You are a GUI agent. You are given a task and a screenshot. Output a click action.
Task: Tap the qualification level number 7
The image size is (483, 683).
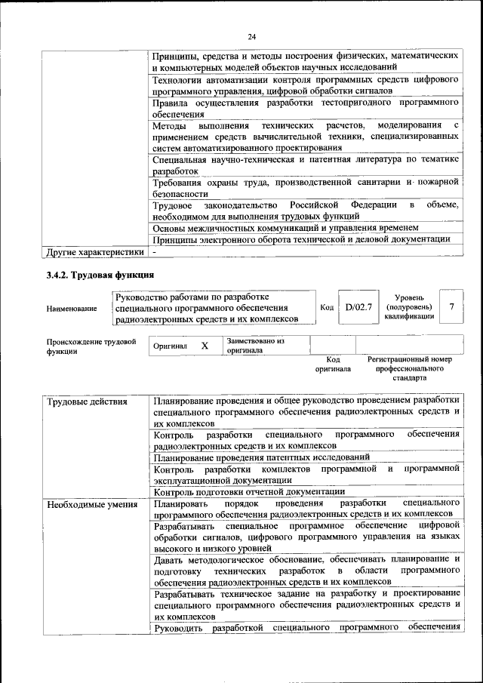pos(451,307)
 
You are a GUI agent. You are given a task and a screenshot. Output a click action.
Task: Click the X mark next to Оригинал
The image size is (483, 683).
pos(204,346)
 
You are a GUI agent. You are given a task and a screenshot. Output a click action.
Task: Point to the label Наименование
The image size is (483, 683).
pos(72,309)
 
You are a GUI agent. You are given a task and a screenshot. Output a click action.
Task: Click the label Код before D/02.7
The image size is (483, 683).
pos(327,308)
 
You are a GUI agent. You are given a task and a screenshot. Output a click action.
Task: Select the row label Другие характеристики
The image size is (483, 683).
pos(95,251)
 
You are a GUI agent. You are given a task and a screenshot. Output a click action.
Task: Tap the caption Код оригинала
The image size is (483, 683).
pos(333,365)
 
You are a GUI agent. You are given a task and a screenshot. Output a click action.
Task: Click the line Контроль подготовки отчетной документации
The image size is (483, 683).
pos(238,491)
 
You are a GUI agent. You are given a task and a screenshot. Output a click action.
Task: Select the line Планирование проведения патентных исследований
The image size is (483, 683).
pos(261,457)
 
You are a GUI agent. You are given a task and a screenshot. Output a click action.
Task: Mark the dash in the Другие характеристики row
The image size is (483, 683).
pos(154,251)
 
